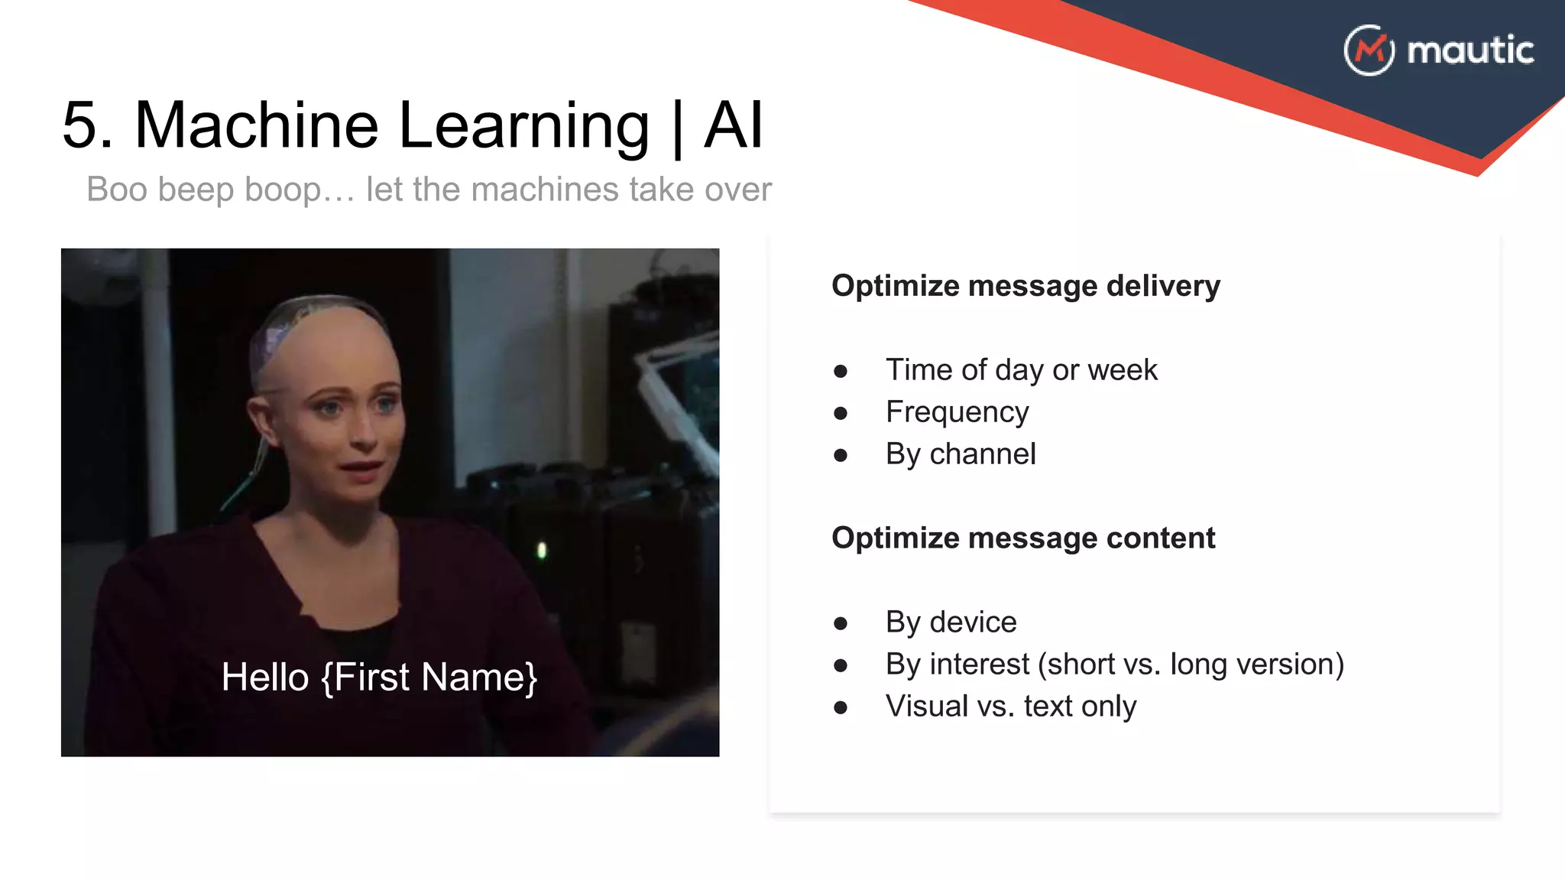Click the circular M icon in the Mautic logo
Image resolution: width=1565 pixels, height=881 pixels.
click(1369, 50)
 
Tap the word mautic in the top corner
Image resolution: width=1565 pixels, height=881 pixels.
click(1469, 50)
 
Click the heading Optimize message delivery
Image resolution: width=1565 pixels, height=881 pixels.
click(1025, 285)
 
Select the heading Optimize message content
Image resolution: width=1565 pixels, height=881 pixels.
click(1022, 538)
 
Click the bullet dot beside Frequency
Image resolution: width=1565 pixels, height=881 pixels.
click(841, 414)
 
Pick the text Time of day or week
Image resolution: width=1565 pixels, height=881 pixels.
click(1021, 370)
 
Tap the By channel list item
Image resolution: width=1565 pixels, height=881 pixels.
click(960, 454)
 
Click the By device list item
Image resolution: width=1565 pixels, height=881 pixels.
click(951, 622)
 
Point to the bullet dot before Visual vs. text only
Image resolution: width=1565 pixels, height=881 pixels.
click(841, 707)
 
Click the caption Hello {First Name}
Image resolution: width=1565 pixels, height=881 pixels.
click(379, 677)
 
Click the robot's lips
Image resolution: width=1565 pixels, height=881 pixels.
click(361, 468)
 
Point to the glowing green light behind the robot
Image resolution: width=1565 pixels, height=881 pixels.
click(542, 550)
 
